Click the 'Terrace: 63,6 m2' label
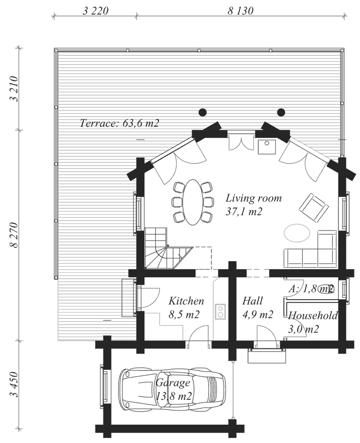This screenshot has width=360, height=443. (120, 123)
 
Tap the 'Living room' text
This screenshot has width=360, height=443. (254, 199)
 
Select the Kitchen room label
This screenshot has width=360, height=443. (186, 301)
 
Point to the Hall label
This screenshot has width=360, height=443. (253, 301)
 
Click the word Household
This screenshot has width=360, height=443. (313, 315)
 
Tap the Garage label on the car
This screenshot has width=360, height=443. (173, 383)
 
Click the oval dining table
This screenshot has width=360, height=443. (193, 202)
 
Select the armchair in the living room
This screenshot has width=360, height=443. (314, 207)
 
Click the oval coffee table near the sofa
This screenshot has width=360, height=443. (297, 233)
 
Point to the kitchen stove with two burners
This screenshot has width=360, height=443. (220, 311)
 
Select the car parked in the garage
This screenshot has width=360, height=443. (172, 389)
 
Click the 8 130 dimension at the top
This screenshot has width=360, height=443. (240, 11)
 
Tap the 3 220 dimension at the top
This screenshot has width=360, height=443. (95, 11)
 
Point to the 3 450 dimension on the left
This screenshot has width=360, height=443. (14, 384)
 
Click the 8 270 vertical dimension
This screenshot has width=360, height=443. (14, 235)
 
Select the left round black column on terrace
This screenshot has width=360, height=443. (202, 112)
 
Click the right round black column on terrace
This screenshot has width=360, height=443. (281, 112)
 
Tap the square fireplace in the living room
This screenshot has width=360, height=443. (266, 146)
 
